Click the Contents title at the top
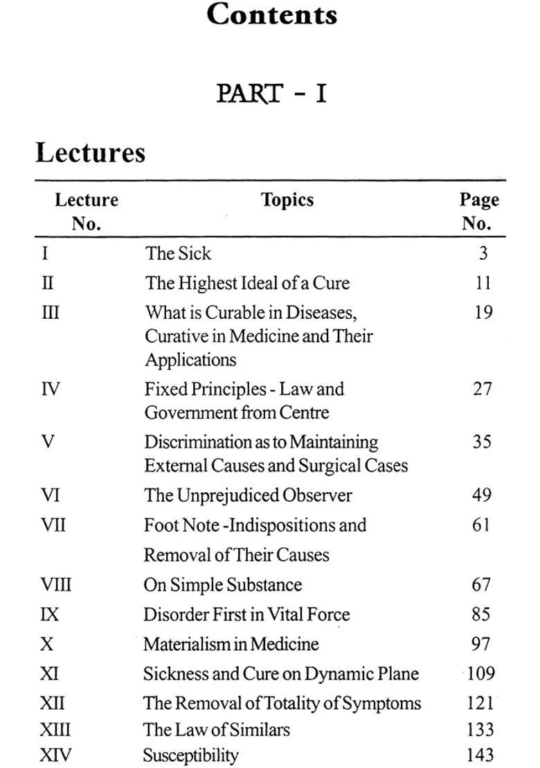point(271,15)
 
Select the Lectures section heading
point(90,152)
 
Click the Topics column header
point(287,200)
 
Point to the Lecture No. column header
point(87,211)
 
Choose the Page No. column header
point(479,211)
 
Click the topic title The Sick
point(178,253)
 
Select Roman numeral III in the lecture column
point(51,313)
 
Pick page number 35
point(482,442)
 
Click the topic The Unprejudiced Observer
point(248,495)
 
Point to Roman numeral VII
point(53,525)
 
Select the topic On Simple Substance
point(222,584)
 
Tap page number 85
point(481,614)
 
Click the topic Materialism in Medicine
point(231,644)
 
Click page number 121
point(480,703)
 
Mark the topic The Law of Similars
point(216,729)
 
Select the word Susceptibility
point(191,755)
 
